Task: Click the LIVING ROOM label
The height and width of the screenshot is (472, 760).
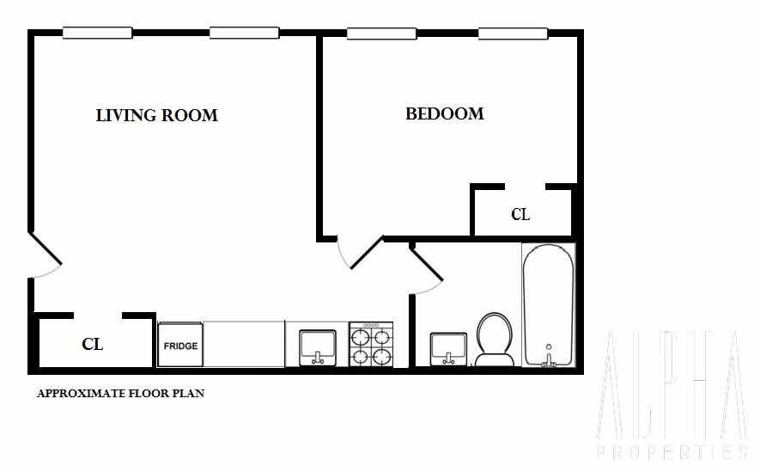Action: coord(156,115)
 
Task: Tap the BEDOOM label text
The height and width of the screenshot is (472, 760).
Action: coord(444,113)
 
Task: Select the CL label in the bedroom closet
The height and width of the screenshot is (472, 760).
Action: coord(520,214)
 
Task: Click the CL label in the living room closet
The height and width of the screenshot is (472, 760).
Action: coord(92,345)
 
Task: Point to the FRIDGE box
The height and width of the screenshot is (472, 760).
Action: coord(180,346)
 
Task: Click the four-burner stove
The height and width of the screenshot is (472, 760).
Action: coord(371,345)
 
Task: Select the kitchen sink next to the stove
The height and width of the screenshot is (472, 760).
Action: coord(317,347)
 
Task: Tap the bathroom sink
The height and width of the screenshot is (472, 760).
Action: coord(448,349)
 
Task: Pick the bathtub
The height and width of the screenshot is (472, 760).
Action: coord(548,305)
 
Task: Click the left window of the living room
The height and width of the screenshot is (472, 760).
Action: coord(97,34)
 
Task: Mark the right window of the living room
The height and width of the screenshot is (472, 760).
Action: coord(244,34)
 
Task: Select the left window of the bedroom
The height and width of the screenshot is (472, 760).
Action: coord(381,34)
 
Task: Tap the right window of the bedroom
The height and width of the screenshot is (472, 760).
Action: coord(513,34)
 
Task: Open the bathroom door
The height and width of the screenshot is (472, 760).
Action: coord(427,267)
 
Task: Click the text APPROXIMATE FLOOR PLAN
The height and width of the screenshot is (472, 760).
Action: coord(120,395)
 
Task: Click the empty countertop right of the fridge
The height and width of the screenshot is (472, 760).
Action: coord(244,345)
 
